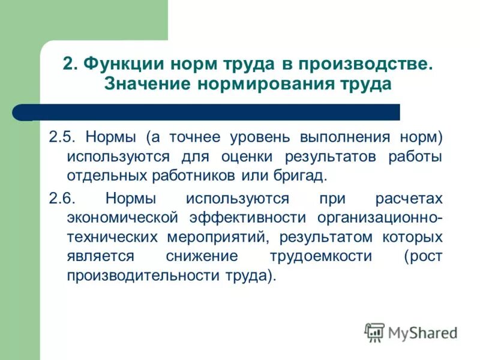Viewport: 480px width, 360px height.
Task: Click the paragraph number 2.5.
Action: [x=61, y=137]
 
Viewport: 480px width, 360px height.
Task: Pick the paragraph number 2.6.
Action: [x=61, y=199]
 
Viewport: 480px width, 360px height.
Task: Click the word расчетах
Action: [x=409, y=199]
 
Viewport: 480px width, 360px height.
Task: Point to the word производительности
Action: [x=143, y=276]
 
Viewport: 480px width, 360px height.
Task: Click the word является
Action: [x=100, y=256]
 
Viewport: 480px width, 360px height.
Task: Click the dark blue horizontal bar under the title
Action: [x=210, y=112]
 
